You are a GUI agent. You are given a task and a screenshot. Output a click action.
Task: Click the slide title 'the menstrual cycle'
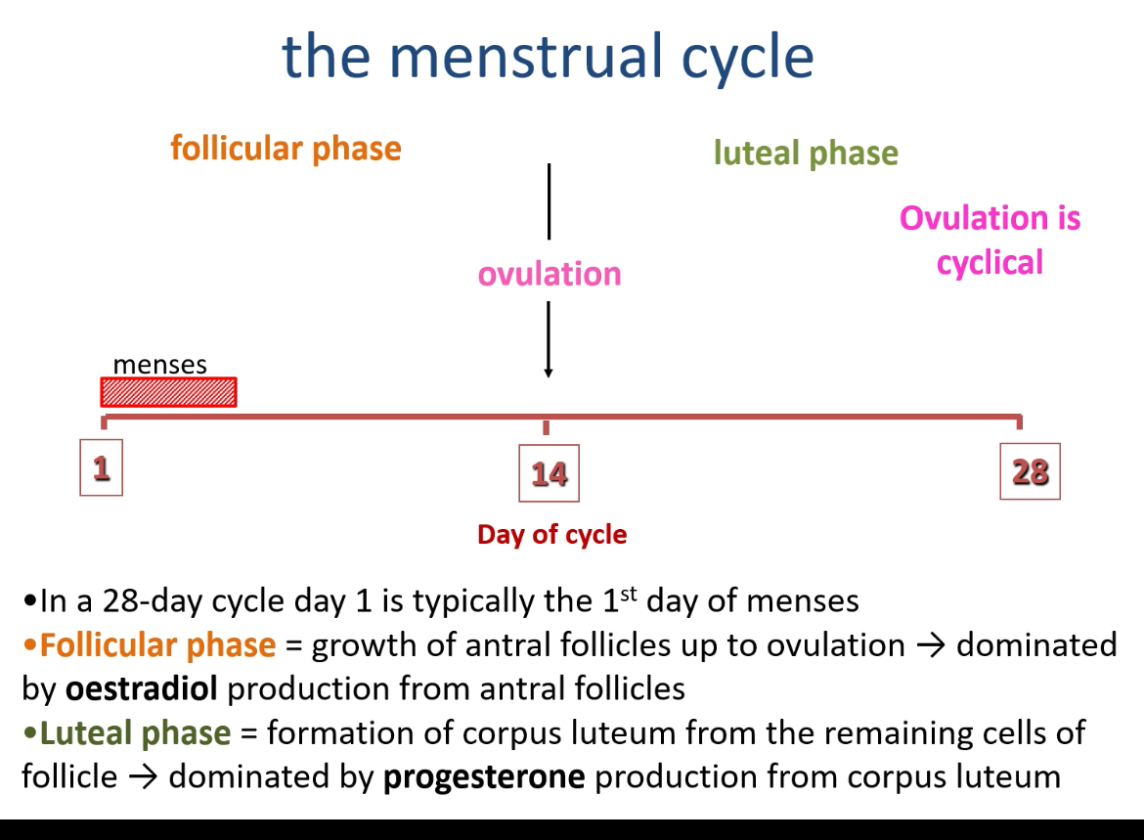[548, 56]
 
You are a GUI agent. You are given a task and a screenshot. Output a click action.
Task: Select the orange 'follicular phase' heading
[286, 149]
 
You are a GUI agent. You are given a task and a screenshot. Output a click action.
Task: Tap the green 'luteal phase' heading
[806, 154]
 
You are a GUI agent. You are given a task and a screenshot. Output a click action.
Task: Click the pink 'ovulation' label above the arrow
[550, 274]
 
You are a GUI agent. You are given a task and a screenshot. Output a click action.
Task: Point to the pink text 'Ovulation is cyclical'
[990, 240]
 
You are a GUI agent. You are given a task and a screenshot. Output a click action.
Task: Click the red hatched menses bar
[168, 392]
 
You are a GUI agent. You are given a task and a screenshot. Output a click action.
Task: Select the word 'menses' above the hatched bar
[159, 365]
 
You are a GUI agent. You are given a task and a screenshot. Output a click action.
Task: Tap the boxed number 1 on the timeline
[102, 468]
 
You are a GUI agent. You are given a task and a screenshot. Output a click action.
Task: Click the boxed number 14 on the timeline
[549, 473]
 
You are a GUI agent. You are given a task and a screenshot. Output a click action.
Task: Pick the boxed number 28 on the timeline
[1030, 472]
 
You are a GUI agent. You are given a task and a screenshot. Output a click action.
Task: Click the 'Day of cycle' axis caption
[551, 535]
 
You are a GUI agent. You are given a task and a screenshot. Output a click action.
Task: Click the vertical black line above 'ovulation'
[550, 200]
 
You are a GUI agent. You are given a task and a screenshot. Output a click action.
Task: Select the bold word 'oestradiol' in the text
[142, 688]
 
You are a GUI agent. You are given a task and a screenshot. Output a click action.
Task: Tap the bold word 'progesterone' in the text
[484, 777]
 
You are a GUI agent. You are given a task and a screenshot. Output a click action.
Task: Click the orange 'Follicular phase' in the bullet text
[157, 645]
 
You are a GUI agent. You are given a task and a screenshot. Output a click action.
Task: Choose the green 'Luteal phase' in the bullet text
[136, 733]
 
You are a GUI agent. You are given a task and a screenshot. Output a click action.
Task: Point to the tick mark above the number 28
[1020, 422]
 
